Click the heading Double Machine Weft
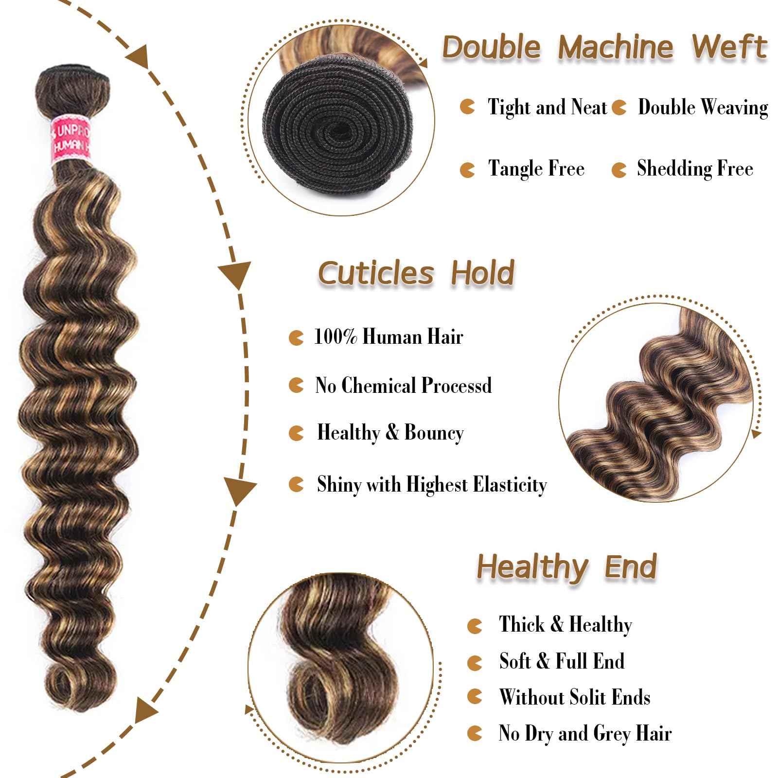[604, 47]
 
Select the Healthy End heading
[566, 567]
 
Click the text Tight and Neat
[548, 107]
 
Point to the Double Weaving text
[703, 107]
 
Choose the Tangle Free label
[536, 169]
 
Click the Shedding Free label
[695, 169]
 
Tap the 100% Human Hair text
[389, 336]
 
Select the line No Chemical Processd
[403, 385]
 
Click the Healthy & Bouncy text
[390, 433]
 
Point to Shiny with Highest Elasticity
[432, 484]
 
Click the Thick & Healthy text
[566, 624]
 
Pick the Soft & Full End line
[562, 661]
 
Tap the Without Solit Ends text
[574, 697]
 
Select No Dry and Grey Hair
[585, 733]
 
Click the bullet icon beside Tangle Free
[467, 170]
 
